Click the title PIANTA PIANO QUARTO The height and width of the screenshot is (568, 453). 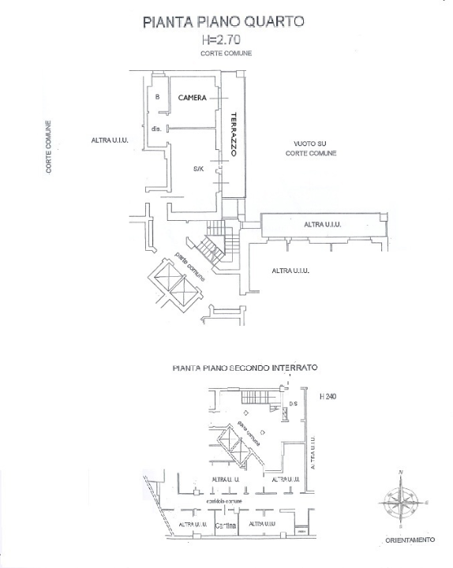(223, 23)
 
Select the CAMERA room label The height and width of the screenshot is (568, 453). (192, 98)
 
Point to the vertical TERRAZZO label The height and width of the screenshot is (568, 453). (234, 135)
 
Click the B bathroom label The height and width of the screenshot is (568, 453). (158, 97)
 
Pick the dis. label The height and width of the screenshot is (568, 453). (156, 129)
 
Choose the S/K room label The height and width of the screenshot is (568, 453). (198, 169)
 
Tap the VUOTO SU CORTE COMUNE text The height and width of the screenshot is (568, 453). (310, 148)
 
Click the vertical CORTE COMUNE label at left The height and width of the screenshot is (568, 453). (49, 148)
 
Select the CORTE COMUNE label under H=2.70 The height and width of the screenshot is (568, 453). (224, 53)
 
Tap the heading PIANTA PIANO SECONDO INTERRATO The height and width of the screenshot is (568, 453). (244, 368)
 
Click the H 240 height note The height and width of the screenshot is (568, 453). (328, 396)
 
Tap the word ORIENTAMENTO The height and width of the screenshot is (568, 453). (410, 540)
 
